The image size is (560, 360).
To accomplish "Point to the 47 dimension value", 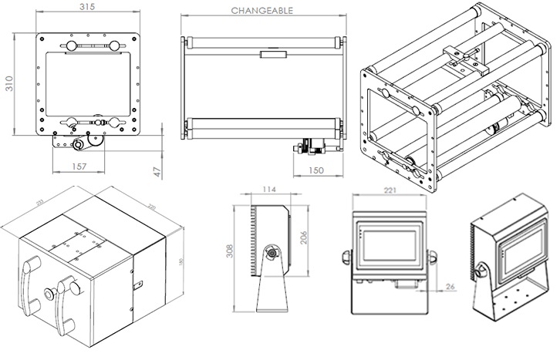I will (x=158, y=171).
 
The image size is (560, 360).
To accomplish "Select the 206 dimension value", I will (x=303, y=237).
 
